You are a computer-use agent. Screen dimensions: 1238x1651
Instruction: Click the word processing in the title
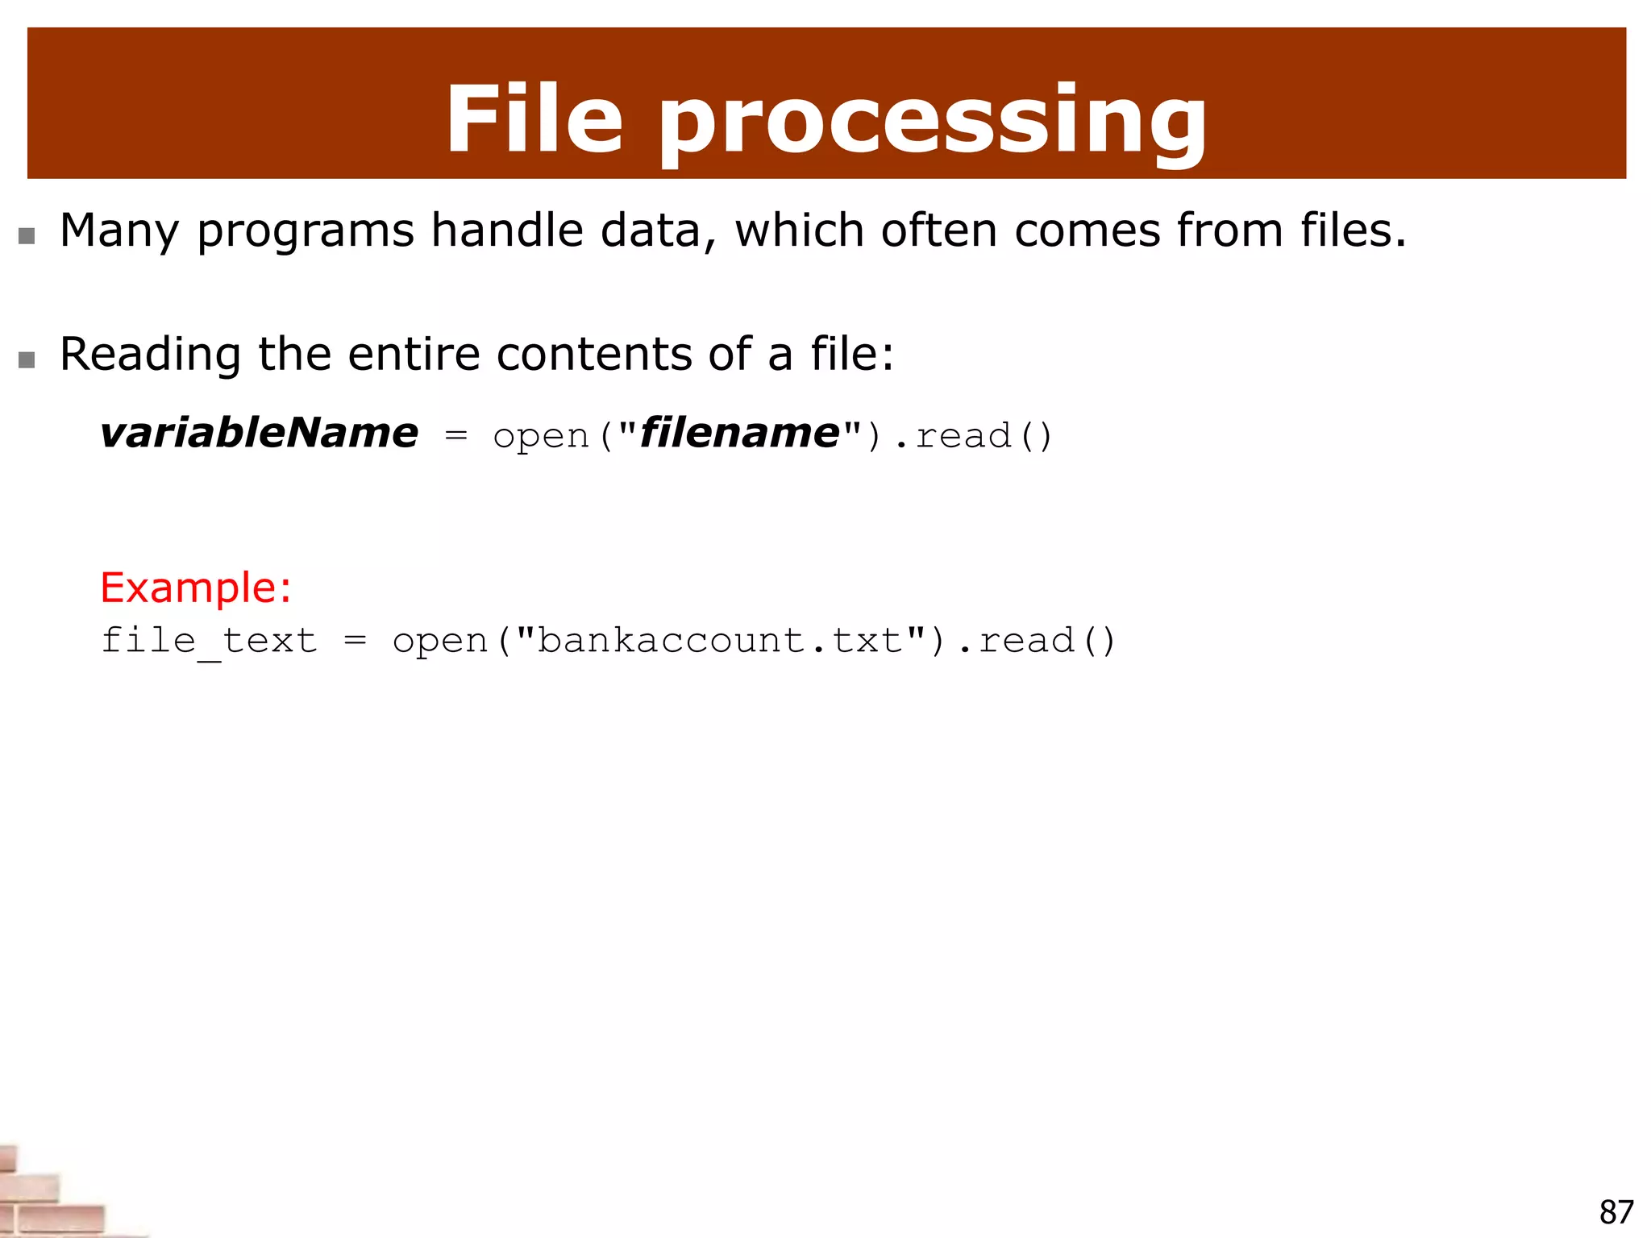pyautogui.click(x=933, y=123)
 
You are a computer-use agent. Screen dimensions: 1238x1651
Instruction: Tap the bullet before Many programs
pyautogui.click(x=27, y=235)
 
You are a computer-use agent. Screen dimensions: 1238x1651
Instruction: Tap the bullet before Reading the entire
pyautogui.click(x=27, y=359)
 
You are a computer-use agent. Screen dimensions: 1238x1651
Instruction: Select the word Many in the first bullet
pyautogui.click(x=119, y=231)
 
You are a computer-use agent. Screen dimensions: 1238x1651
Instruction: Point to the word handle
pyautogui.click(x=509, y=231)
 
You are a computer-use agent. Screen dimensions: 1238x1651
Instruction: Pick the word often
pyautogui.click(x=939, y=231)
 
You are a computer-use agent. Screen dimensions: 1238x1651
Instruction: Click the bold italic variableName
pyautogui.click(x=259, y=434)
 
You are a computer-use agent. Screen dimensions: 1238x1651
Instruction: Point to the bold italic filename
pyautogui.click(x=738, y=434)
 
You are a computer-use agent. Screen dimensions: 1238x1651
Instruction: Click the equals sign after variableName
pyautogui.click(x=455, y=436)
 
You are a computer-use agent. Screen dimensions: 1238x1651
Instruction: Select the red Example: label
pyautogui.click(x=195, y=588)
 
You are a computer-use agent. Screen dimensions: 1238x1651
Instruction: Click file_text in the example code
pyautogui.click(x=209, y=642)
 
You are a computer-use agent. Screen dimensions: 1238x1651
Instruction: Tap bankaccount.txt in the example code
pyautogui.click(x=719, y=642)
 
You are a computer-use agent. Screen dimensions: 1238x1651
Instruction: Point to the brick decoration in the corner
pyautogui.click(x=48, y=1197)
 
